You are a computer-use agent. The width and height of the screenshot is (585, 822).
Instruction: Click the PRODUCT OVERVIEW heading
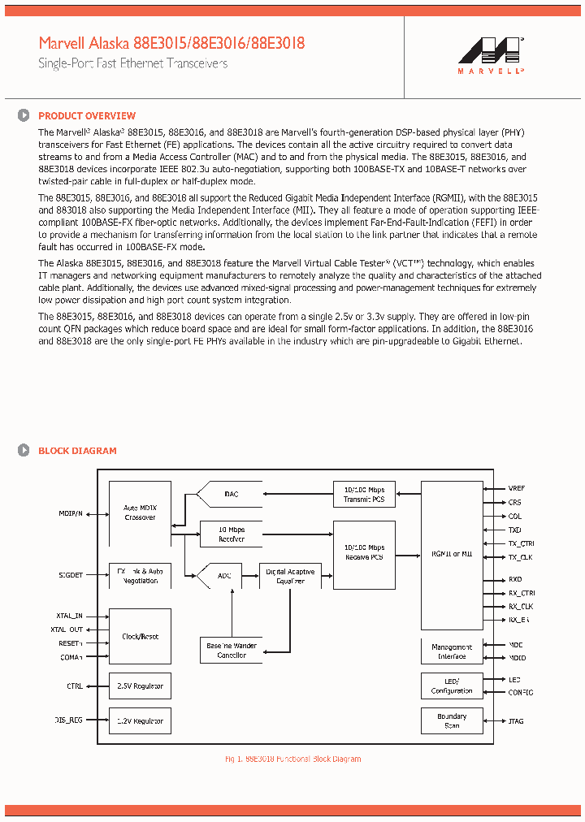87,116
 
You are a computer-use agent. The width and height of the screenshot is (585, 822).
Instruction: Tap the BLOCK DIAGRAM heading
77,451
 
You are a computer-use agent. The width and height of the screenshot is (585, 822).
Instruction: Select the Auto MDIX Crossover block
140,513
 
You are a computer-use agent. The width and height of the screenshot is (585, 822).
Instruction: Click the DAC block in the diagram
231,494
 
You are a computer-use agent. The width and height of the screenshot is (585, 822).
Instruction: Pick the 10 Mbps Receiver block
232,534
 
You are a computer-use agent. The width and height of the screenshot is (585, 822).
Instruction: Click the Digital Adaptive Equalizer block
290,576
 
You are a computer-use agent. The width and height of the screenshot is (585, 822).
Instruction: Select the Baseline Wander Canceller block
231,650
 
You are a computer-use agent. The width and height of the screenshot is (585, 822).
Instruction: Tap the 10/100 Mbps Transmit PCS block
364,494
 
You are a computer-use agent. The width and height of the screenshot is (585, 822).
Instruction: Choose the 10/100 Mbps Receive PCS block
364,552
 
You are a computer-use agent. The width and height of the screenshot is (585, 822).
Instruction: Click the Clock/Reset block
140,637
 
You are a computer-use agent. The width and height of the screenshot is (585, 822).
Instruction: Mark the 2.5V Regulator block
140,686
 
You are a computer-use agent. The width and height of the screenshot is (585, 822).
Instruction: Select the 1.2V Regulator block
140,721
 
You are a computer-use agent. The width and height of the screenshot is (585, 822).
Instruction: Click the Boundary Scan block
452,720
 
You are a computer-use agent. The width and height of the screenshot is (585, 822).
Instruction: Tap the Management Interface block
452,651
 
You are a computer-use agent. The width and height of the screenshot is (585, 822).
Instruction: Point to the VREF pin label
517,488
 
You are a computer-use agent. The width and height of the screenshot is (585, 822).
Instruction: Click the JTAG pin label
516,720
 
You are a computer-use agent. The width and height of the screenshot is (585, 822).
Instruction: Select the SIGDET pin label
70,575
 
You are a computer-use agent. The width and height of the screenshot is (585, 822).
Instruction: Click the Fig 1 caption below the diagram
292,759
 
